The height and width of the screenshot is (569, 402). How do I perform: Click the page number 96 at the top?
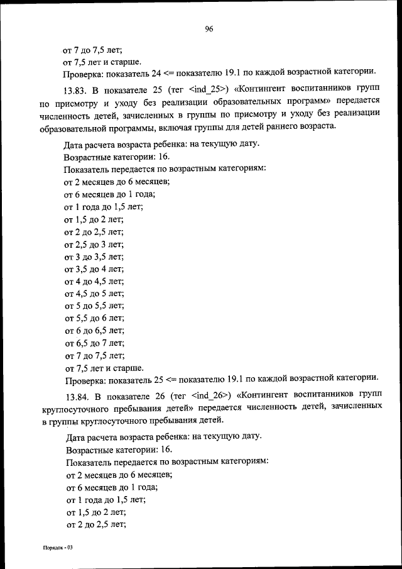click(x=209, y=28)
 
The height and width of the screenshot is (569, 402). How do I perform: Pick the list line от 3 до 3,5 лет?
click(x=94, y=257)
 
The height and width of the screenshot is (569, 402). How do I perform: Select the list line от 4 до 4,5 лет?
click(x=94, y=281)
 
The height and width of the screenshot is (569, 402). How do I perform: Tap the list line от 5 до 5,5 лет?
click(x=94, y=306)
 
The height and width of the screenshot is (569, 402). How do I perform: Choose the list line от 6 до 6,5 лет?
click(x=94, y=330)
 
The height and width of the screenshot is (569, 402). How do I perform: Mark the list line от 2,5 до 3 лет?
click(x=94, y=245)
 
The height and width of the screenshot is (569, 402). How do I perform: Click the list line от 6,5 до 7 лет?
click(x=94, y=343)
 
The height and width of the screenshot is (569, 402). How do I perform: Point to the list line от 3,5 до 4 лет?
click(x=94, y=269)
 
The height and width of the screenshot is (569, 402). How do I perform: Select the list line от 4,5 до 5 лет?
click(x=94, y=294)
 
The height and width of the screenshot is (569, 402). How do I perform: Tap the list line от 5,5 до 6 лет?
click(x=94, y=318)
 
